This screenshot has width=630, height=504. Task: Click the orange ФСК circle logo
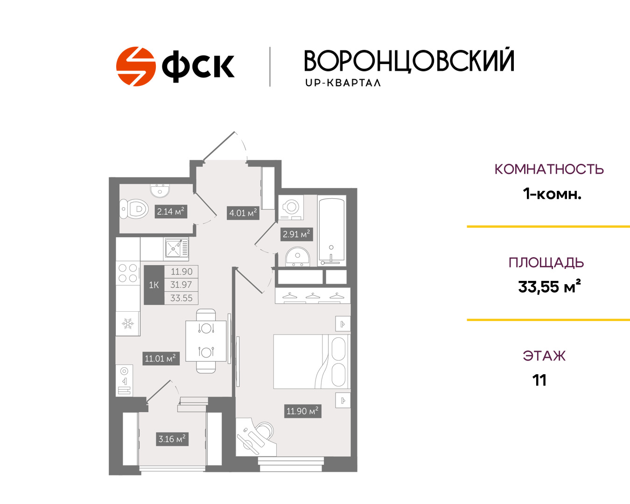pyautogui.click(x=136, y=66)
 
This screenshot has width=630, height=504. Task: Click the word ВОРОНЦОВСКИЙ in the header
pyautogui.click(x=409, y=61)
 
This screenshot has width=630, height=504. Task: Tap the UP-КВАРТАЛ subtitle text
pyautogui.click(x=343, y=83)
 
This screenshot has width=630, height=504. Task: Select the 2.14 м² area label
pyautogui.click(x=171, y=211)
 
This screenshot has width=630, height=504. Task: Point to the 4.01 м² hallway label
pyautogui.click(x=243, y=213)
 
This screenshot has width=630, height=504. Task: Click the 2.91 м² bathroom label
pyautogui.click(x=296, y=234)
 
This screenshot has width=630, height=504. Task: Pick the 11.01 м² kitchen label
pyautogui.click(x=161, y=358)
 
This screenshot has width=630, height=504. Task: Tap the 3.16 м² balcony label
pyautogui.click(x=172, y=439)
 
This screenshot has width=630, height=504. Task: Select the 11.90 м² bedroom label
pyautogui.click(x=302, y=411)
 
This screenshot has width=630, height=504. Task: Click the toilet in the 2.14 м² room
pyautogui.click(x=134, y=209)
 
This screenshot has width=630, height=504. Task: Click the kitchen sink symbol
pyautogui.click(x=176, y=249)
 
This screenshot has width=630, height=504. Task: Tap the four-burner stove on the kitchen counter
pyautogui.click(x=128, y=273)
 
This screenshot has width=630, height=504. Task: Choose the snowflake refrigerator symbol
pyautogui.click(x=128, y=323)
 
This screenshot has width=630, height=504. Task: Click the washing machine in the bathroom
pyautogui.click(x=291, y=207)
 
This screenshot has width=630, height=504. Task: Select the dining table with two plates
pyautogui.click(x=206, y=341)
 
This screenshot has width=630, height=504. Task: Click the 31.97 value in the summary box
pyautogui.click(x=181, y=284)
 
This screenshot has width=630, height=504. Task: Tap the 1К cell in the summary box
pyautogui.click(x=154, y=285)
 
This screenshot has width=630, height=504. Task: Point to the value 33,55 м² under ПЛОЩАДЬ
pyautogui.click(x=549, y=287)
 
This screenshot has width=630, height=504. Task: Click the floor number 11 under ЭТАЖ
pyautogui.click(x=539, y=380)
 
